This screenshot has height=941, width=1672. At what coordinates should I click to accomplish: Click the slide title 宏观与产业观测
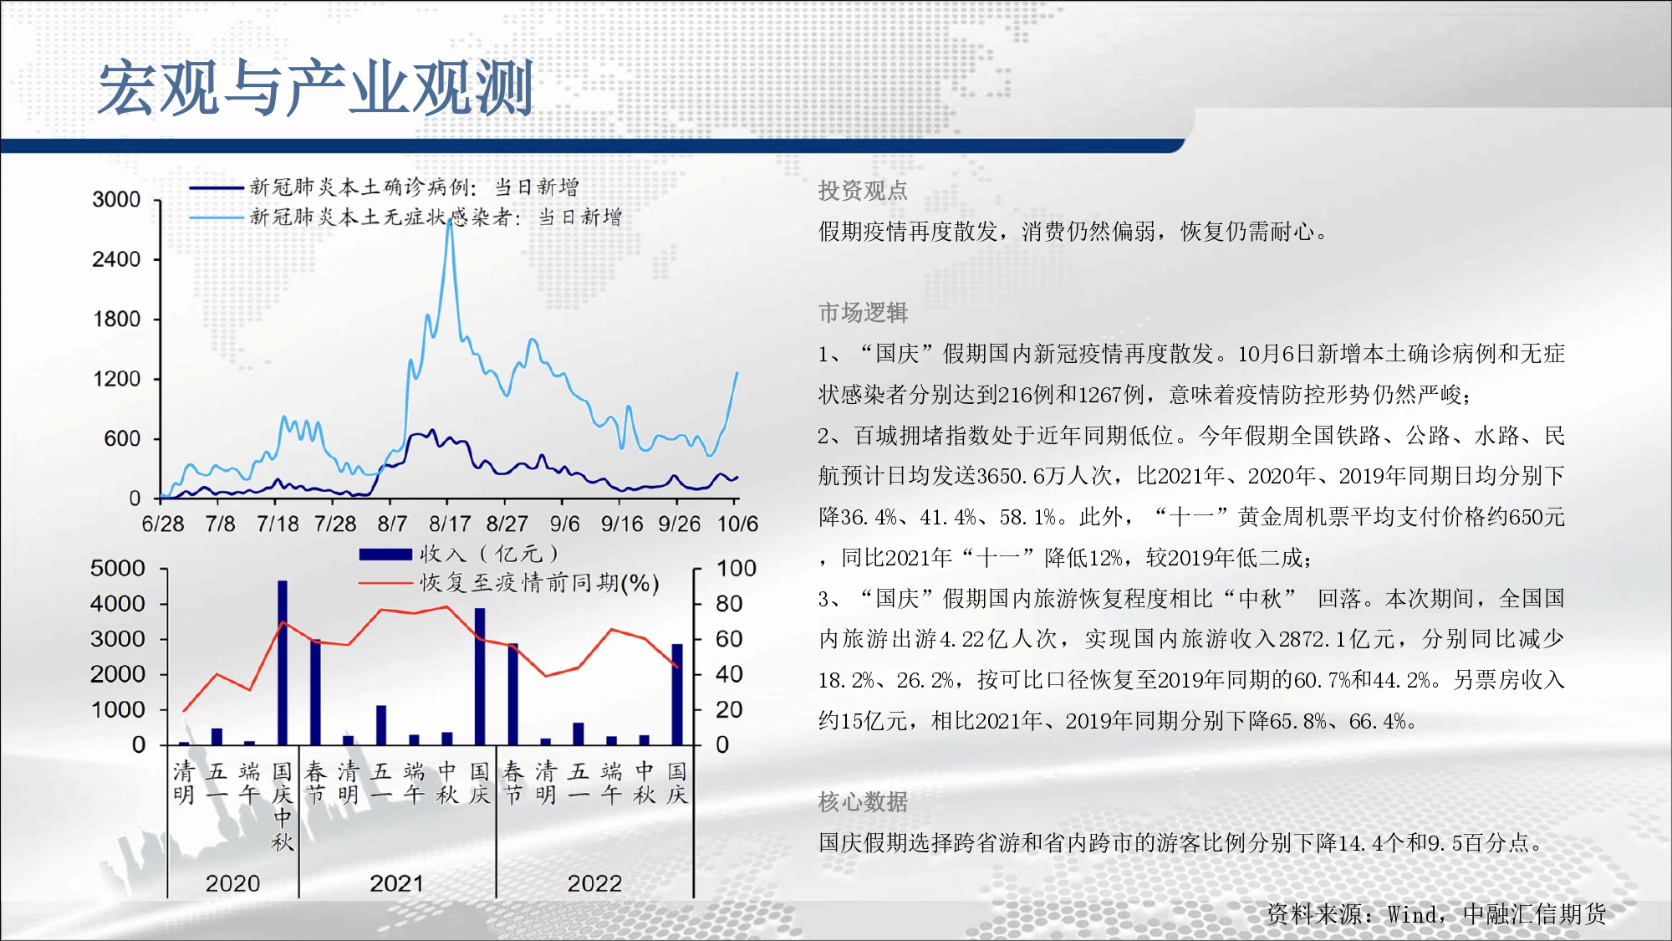tap(315, 88)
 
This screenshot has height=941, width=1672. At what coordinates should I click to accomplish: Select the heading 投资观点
tap(863, 191)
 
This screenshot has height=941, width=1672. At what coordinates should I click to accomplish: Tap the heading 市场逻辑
tap(863, 313)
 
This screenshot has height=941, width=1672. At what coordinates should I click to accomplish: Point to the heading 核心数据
tap(863, 802)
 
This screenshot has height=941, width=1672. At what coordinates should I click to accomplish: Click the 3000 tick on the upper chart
tap(116, 200)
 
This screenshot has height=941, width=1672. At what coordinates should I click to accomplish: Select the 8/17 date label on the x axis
tap(450, 524)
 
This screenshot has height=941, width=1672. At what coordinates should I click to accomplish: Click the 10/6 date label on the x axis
tap(737, 524)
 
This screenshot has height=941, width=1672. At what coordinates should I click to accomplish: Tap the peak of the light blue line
tap(450, 220)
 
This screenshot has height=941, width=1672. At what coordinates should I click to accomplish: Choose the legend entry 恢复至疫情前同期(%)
tap(509, 583)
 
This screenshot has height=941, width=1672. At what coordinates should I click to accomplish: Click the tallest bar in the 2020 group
tap(283, 662)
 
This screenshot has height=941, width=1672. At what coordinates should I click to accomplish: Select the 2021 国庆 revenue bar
tap(480, 677)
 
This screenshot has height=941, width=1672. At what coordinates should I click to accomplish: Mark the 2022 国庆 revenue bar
tap(677, 694)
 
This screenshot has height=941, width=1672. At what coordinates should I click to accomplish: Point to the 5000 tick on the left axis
tap(117, 569)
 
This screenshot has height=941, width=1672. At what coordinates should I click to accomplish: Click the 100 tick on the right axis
tap(737, 569)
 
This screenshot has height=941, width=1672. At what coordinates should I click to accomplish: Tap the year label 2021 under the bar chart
tap(397, 883)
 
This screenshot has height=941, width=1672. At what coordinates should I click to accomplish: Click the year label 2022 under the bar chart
tap(594, 883)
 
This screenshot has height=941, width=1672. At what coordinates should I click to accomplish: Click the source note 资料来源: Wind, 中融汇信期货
tap(1436, 914)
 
